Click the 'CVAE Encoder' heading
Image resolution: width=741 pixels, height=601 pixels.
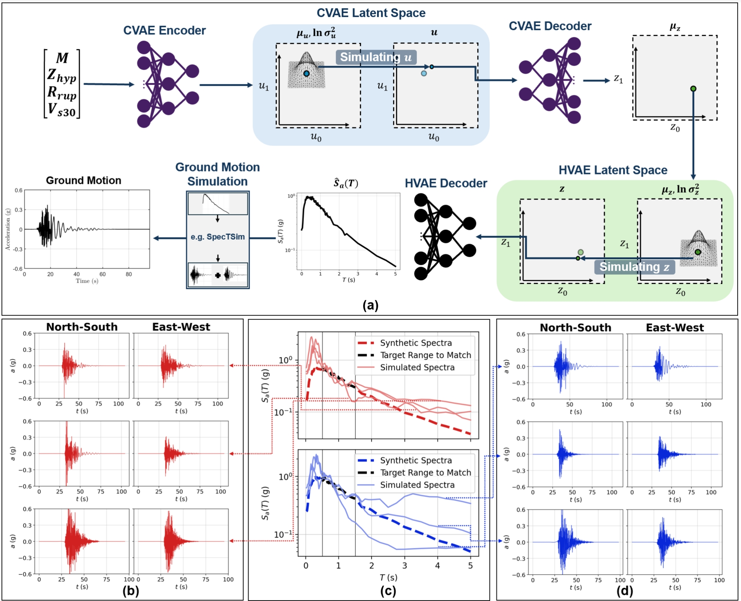click(x=164, y=30)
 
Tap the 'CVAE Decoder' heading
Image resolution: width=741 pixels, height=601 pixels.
click(x=550, y=26)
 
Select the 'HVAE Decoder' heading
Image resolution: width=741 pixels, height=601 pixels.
click(x=446, y=183)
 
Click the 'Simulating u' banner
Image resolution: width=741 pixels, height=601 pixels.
click(x=376, y=57)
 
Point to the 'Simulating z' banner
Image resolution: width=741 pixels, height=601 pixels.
click(x=634, y=267)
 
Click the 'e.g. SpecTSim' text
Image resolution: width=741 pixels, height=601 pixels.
click(x=218, y=237)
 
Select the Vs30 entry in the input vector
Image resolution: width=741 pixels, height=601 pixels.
click(x=62, y=110)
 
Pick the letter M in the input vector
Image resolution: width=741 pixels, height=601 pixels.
click(x=62, y=58)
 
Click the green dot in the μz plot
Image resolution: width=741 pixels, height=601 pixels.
click(x=693, y=89)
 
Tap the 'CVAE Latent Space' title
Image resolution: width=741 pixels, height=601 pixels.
click(x=371, y=13)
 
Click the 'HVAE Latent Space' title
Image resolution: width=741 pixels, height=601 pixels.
click(x=613, y=170)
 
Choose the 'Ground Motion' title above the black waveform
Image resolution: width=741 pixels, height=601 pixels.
click(x=83, y=180)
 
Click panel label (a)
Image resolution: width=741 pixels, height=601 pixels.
click(x=370, y=305)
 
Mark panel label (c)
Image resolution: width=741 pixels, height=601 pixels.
click(x=388, y=591)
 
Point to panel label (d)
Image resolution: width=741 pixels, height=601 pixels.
click(x=624, y=591)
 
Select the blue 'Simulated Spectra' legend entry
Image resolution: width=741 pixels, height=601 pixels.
click(x=417, y=485)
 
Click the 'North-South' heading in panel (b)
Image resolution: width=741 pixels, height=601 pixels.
click(x=82, y=327)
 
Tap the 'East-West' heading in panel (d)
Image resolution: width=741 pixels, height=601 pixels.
click(x=675, y=328)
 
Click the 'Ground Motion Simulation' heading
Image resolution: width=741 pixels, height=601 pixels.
click(x=217, y=174)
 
